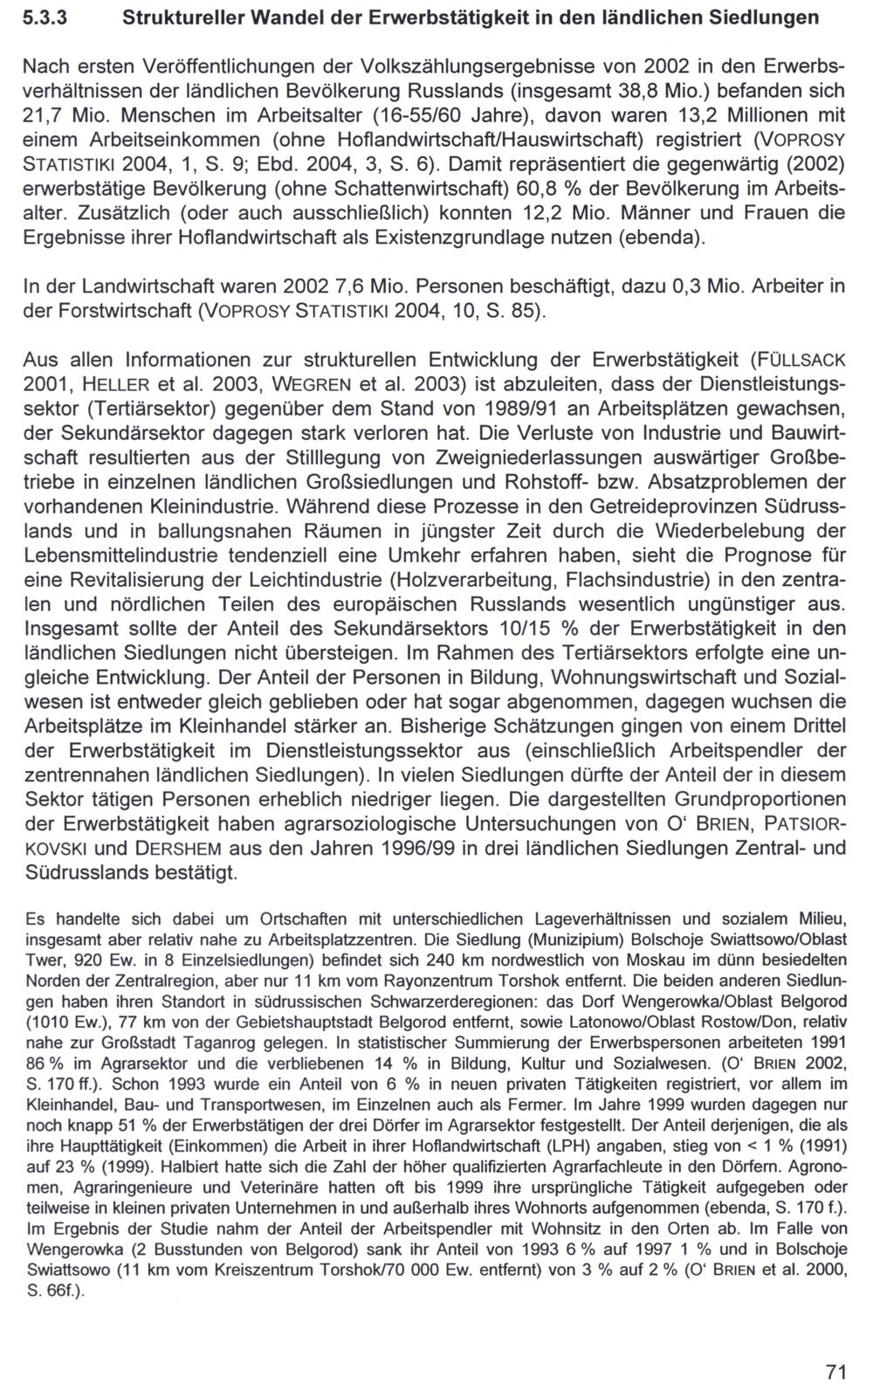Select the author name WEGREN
(x=315, y=384)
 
